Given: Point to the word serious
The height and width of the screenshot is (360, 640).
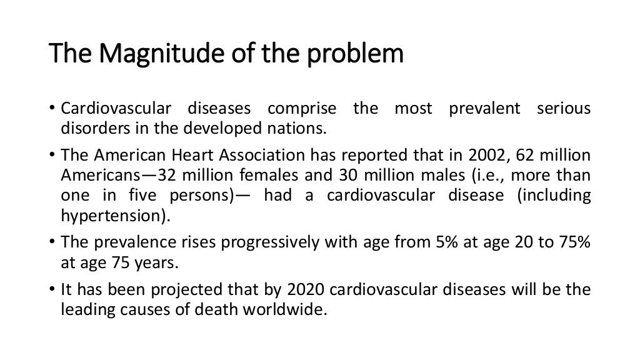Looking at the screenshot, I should click(x=564, y=109).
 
